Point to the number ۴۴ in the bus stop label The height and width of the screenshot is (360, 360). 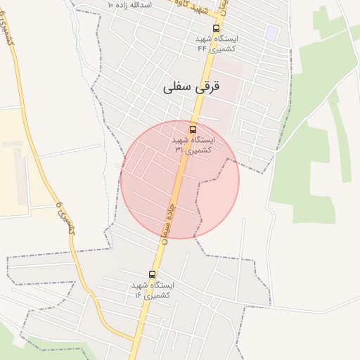pos(202,49)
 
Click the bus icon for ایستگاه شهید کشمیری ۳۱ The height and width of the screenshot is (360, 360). pos(193,130)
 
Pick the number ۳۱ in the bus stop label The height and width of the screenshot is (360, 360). pos(179,150)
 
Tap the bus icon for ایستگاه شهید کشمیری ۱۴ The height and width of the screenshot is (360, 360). pos(153,275)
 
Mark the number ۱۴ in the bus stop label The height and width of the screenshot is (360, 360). pos(139,295)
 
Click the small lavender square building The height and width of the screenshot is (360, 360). pos(271,33)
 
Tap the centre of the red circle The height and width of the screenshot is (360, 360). pos(180,180)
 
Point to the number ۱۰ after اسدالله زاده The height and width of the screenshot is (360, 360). pos(110,4)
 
